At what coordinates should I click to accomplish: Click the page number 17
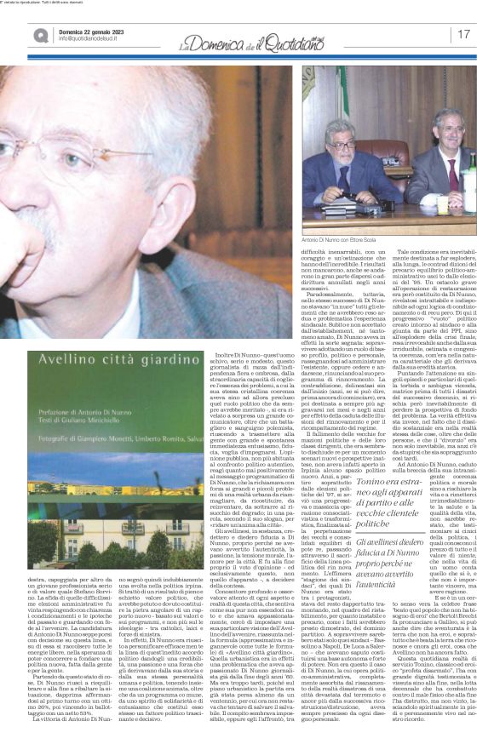[465, 33]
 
